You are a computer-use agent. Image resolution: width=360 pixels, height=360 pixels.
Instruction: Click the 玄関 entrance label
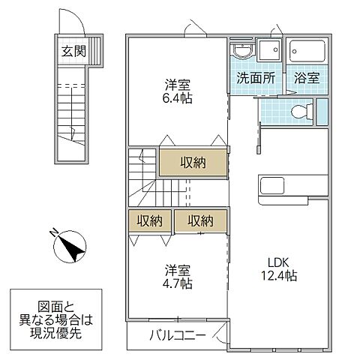tap(72, 52)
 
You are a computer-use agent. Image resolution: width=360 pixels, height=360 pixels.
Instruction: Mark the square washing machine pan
tap(268, 50)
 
